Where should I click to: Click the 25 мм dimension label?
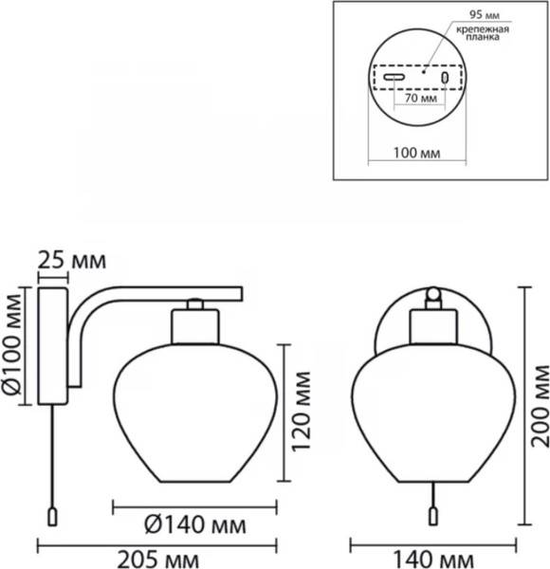(x=72, y=260)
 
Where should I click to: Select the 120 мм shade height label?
(x=302, y=412)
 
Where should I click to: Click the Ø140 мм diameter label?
(x=195, y=524)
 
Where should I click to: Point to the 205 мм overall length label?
(x=158, y=560)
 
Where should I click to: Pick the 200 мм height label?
(x=540, y=406)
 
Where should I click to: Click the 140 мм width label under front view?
(x=433, y=560)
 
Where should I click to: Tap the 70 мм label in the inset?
(x=421, y=98)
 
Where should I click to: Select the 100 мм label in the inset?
(x=417, y=153)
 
